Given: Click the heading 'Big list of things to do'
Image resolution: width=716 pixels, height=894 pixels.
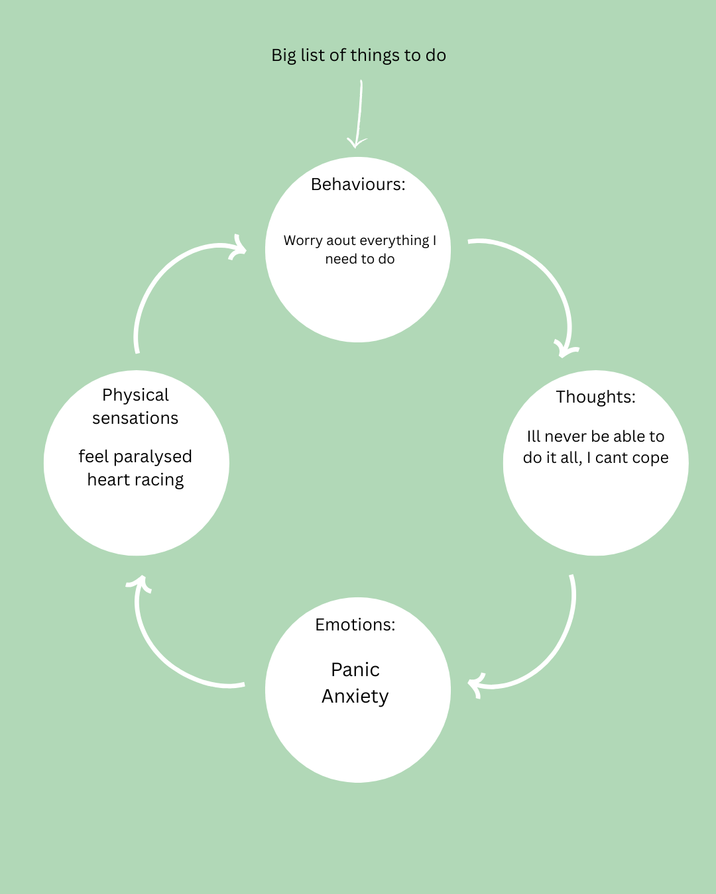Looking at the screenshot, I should (x=358, y=56).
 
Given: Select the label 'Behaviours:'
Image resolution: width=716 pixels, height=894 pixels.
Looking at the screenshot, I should (x=358, y=185).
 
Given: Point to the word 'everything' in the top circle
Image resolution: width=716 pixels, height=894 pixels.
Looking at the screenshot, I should (x=395, y=241).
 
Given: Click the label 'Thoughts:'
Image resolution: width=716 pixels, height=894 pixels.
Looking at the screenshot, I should (x=595, y=397).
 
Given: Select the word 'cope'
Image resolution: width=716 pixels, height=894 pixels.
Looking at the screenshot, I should (x=650, y=458).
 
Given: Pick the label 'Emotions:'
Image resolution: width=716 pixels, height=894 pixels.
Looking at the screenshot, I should (x=355, y=625).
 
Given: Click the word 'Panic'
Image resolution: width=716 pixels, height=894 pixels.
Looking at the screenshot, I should (x=355, y=670).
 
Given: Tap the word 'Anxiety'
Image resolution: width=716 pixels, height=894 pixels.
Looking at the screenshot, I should (x=355, y=697).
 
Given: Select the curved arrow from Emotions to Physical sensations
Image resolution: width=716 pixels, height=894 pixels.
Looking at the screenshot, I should (x=166, y=656).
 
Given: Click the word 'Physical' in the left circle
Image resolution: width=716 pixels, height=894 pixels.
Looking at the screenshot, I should (x=135, y=395).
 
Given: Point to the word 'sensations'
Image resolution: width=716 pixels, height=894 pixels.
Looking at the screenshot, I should (x=135, y=419).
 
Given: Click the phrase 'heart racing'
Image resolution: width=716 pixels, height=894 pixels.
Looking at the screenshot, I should (x=135, y=480).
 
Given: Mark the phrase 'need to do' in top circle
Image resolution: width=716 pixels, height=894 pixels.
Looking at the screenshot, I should (x=360, y=260).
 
